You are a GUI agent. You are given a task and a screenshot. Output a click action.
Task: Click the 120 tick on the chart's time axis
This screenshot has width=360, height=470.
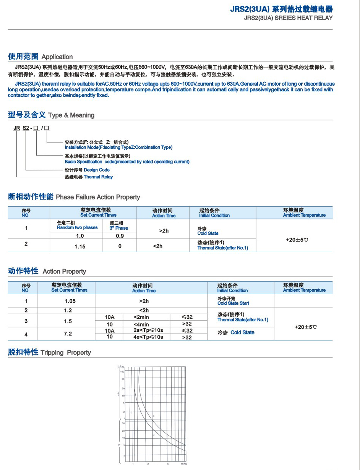[123, 367]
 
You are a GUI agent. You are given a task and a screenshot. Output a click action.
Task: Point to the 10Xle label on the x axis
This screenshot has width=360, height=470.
[183, 464]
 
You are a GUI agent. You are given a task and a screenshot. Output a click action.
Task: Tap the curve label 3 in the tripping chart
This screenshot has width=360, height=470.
[153, 415]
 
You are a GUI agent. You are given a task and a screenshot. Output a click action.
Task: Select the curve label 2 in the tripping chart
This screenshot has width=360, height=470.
[154, 435]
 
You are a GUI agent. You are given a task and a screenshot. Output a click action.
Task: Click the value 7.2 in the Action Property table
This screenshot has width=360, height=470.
[68, 334]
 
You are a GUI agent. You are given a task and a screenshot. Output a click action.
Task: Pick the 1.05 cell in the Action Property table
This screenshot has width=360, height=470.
[70, 301]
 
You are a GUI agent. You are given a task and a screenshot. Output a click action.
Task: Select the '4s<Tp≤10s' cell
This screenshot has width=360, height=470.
[148, 337]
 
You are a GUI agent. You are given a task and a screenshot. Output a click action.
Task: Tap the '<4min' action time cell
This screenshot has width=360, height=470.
[141, 324]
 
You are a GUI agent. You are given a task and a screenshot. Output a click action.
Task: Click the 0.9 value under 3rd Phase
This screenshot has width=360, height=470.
[120, 236]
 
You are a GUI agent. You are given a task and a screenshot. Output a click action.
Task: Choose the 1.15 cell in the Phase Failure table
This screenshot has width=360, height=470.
[80, 246]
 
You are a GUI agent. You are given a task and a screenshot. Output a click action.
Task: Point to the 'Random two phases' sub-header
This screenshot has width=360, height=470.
[77, 227]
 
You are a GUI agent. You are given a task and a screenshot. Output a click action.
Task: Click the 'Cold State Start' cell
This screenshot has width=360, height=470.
[233, 303]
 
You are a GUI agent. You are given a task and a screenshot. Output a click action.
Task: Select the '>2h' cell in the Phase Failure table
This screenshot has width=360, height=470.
[164, 231]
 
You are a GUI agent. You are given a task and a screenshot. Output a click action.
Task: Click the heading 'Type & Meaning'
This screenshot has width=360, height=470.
[71, 115]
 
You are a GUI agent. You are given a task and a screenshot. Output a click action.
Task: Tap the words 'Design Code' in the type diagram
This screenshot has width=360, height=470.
[96, 170]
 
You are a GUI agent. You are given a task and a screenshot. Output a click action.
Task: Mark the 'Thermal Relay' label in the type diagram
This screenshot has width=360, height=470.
[98, 177]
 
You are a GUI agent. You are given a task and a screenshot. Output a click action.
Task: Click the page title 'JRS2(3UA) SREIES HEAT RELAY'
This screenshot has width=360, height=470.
[288, 18]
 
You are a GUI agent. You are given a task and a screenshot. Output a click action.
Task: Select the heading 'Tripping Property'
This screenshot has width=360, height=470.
[66, 352]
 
